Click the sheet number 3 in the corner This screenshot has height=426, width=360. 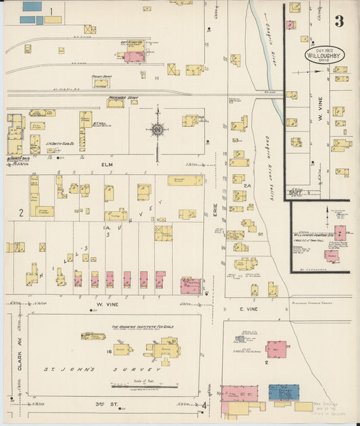pos(338,21)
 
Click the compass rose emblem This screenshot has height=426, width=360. pos(157,129)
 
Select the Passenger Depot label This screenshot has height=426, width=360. pos(120,97)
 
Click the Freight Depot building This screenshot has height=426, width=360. pos(101,83)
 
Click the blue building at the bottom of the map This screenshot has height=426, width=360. pos(284,392)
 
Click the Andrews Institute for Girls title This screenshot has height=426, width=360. pos(142,326)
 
